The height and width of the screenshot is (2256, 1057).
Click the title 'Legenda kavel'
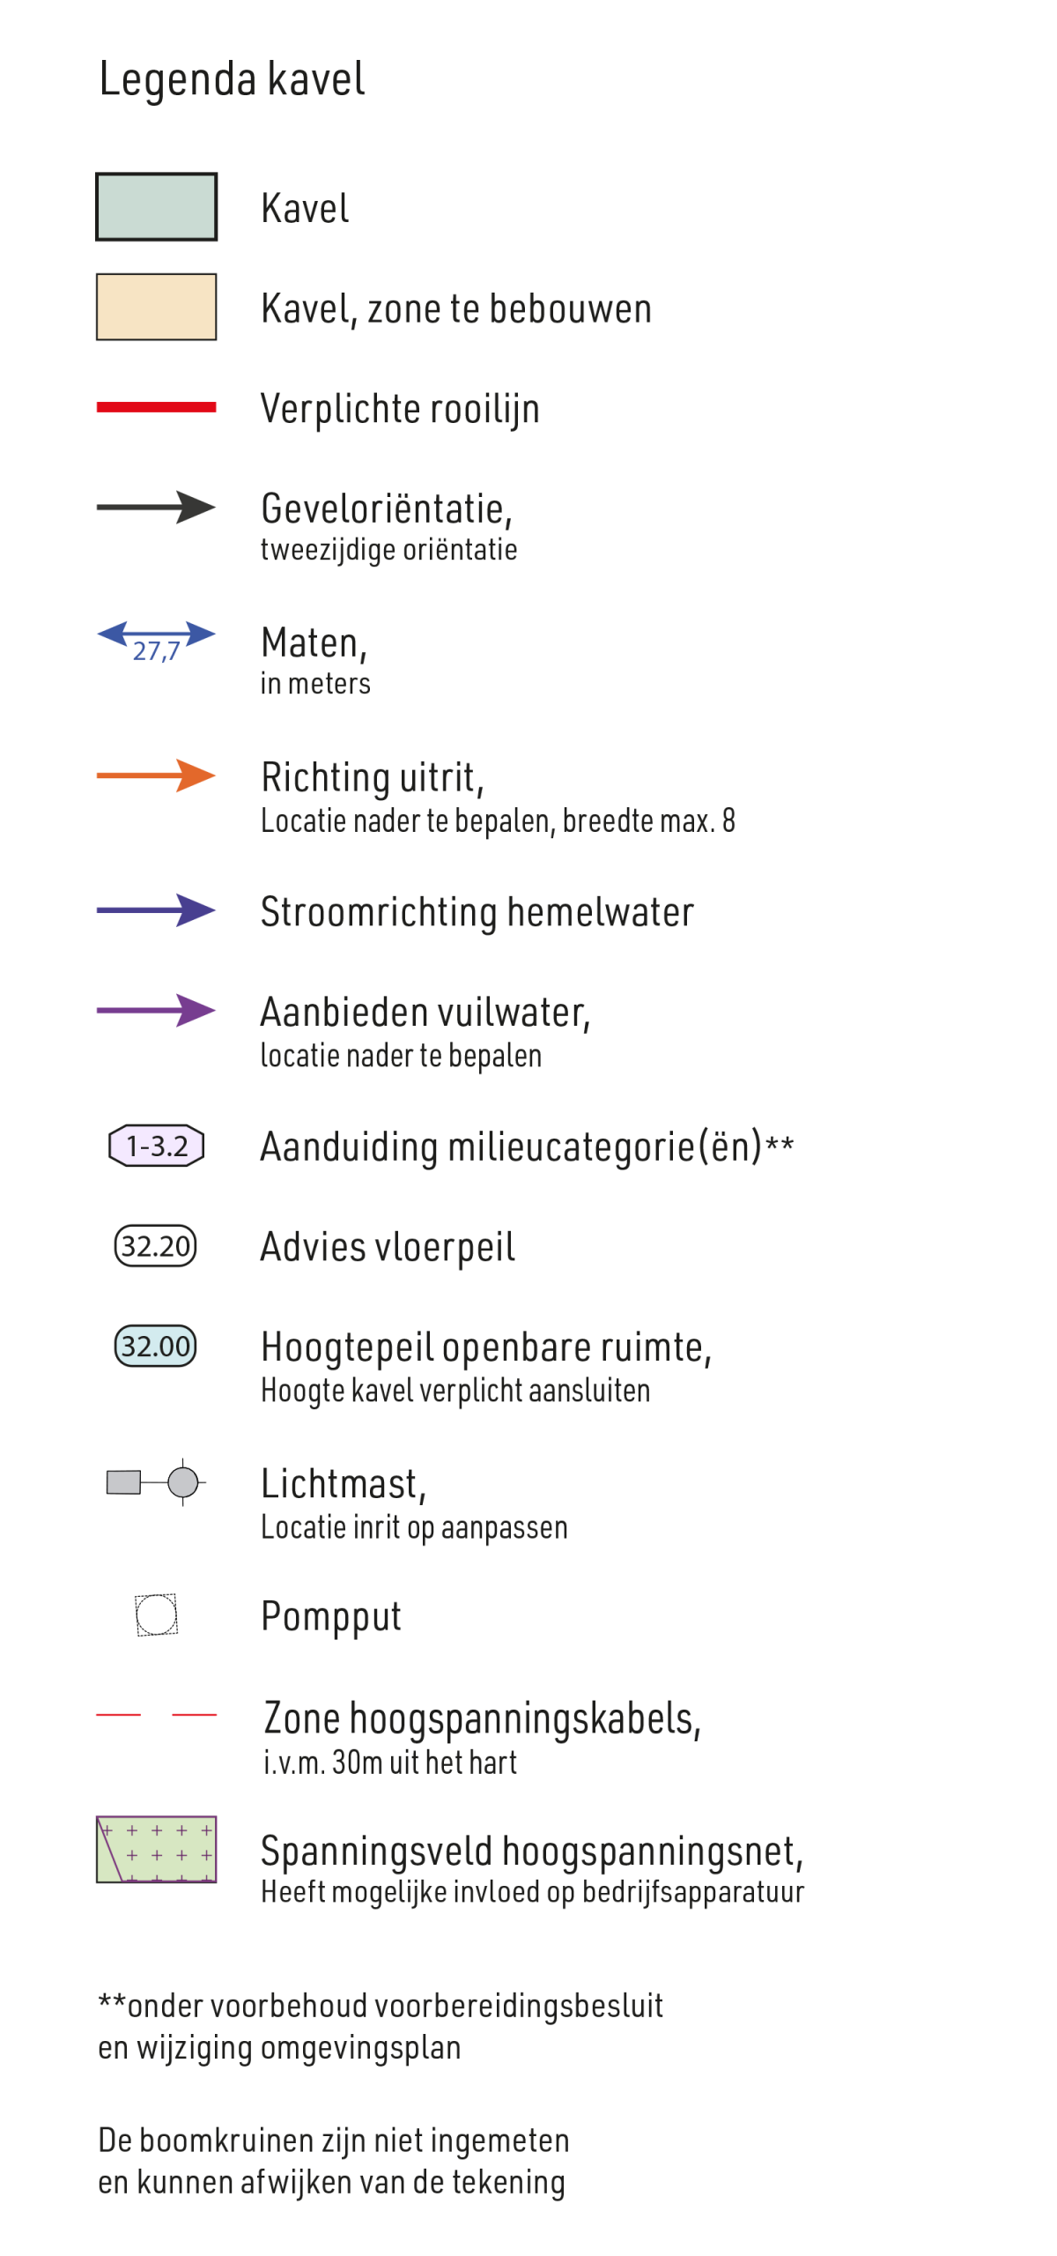(x=232, y=79)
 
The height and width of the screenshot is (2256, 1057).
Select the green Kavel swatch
(x=156, y=207)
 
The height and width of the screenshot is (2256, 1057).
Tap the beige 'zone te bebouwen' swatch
(x=156, y=307)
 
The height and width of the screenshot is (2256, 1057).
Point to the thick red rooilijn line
(x=156, y=407)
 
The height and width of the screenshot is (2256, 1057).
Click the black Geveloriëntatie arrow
(x=156, y=508)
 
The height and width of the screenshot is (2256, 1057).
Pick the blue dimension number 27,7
(x=156, y=651)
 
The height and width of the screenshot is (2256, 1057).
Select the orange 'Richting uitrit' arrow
(x=156, y=775)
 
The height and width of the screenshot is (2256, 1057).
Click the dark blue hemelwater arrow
(x=156, y=910)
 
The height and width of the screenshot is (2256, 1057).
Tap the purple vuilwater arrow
(x=156, y=1011)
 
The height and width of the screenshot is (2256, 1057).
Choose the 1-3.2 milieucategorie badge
(x=156, y=1146)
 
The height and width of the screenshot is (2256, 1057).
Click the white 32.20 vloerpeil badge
(x=155, y=1246)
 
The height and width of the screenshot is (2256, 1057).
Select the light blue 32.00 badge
(x=155, y=1347)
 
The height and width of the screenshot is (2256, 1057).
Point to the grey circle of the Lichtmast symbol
(x=183, y=1482)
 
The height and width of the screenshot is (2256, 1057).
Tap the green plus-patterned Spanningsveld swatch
(x=156, y=1850)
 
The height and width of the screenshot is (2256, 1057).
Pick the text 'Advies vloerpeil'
(x=388, y=1248)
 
